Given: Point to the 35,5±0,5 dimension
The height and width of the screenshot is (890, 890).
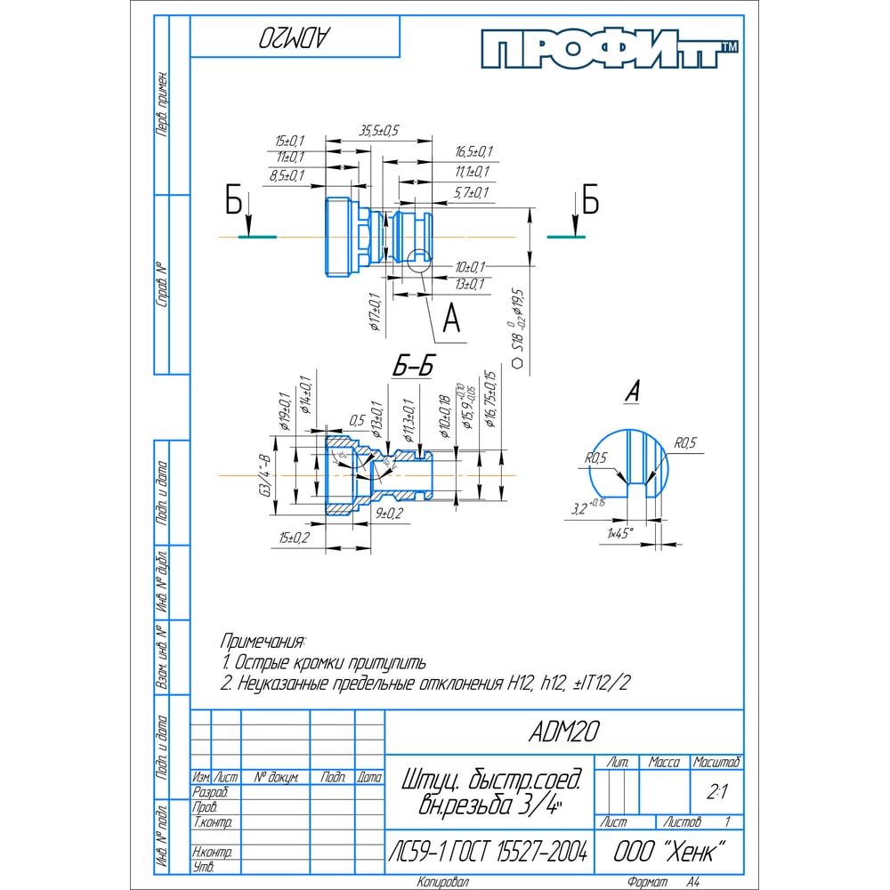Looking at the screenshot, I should tap(378, 131).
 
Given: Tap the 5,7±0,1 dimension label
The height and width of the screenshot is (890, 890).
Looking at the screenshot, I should tap(472, 192).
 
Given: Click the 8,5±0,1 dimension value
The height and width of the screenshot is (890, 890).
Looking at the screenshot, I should tap(287, 176).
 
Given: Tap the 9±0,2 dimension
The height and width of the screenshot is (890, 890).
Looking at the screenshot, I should tap(389, 514).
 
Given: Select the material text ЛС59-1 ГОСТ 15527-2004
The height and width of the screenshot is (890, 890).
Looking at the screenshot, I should tap(488, 852).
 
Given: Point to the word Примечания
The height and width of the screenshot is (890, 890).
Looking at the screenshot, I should tap(263, 641).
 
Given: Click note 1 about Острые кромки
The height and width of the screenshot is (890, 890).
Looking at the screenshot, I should tap(324, 662).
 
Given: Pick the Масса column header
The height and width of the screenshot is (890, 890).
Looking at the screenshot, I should tap(664, 763).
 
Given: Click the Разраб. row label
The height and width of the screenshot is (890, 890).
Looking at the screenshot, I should tap(211, 792).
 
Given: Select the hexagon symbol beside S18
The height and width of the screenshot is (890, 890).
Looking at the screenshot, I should tap(517, 363).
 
